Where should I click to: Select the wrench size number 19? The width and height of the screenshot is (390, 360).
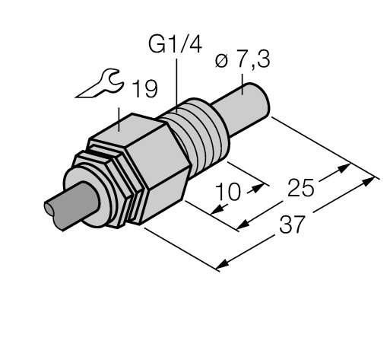(x=142, y=91)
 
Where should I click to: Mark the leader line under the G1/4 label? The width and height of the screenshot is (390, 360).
(x=177, y=84)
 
